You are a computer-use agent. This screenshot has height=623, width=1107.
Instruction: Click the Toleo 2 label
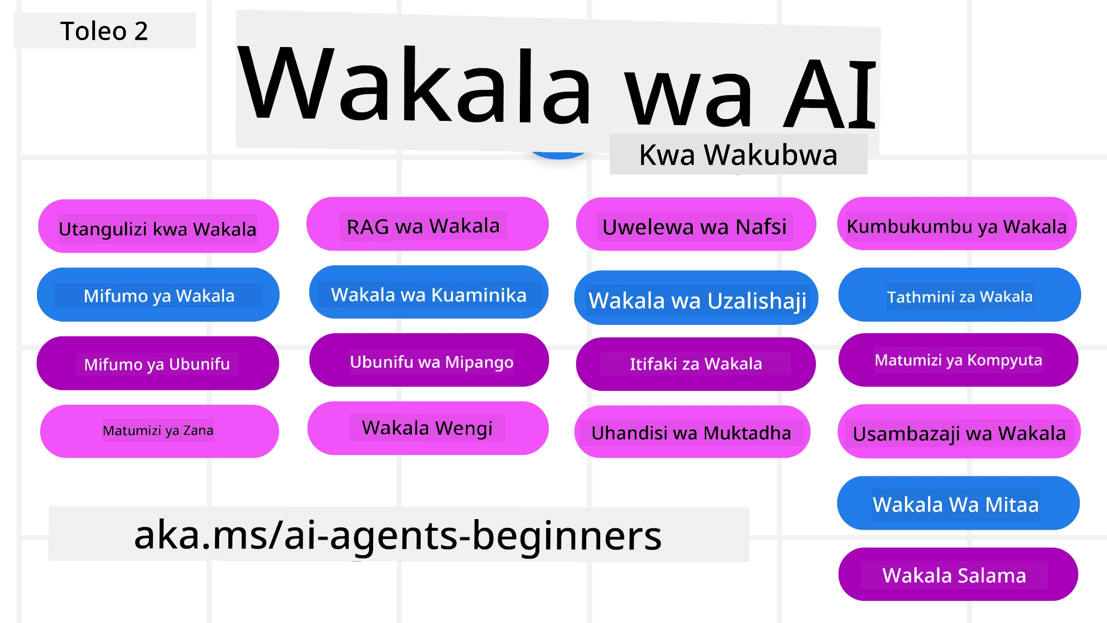point(104,31)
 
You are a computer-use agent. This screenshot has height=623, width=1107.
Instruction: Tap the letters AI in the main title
point(829,95)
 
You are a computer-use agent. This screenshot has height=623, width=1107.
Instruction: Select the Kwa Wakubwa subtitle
point(738,155)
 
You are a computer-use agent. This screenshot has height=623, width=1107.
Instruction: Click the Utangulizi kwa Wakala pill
point(158,227)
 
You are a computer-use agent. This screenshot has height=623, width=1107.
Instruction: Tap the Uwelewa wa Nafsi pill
point(696,225)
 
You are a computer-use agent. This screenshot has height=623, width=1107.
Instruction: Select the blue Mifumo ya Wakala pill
point(158,295)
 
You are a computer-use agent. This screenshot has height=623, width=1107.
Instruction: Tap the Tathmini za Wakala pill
point(959,295)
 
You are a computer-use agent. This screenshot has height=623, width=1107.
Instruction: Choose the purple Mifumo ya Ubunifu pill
point(158,363)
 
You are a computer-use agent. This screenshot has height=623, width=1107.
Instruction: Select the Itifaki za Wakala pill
point(696,364)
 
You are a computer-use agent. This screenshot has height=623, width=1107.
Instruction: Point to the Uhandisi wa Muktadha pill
point(692,432)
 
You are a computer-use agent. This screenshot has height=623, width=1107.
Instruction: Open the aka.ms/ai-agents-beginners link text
point(398,535)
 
